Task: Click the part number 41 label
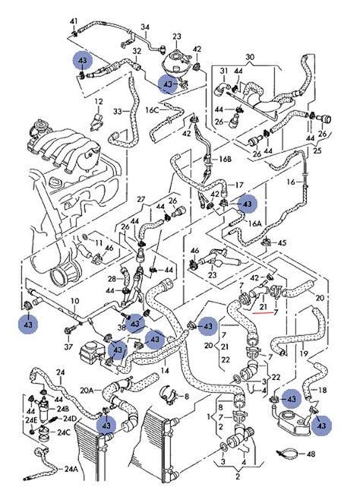coord(73,20)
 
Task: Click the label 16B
coord(225,160)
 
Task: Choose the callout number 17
coord(238,185)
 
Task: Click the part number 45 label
coord(282,243)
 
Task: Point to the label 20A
coord(87,390)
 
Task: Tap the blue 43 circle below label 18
coord(324,427)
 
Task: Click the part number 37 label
coord(69,347)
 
